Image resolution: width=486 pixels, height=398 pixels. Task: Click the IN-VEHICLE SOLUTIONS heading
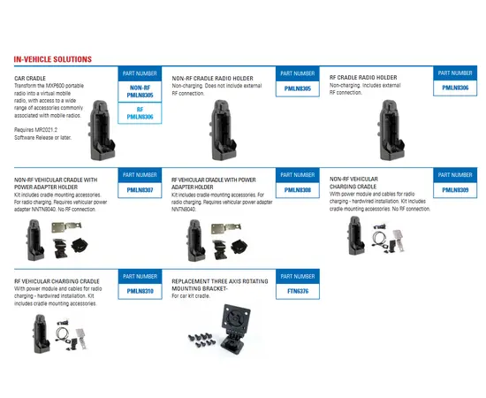point(52,59)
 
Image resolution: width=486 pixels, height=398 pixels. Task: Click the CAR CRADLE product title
point(31,78)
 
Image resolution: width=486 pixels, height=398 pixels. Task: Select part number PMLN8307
point(140,189)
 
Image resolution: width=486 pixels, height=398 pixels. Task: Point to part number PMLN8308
point(298,189)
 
